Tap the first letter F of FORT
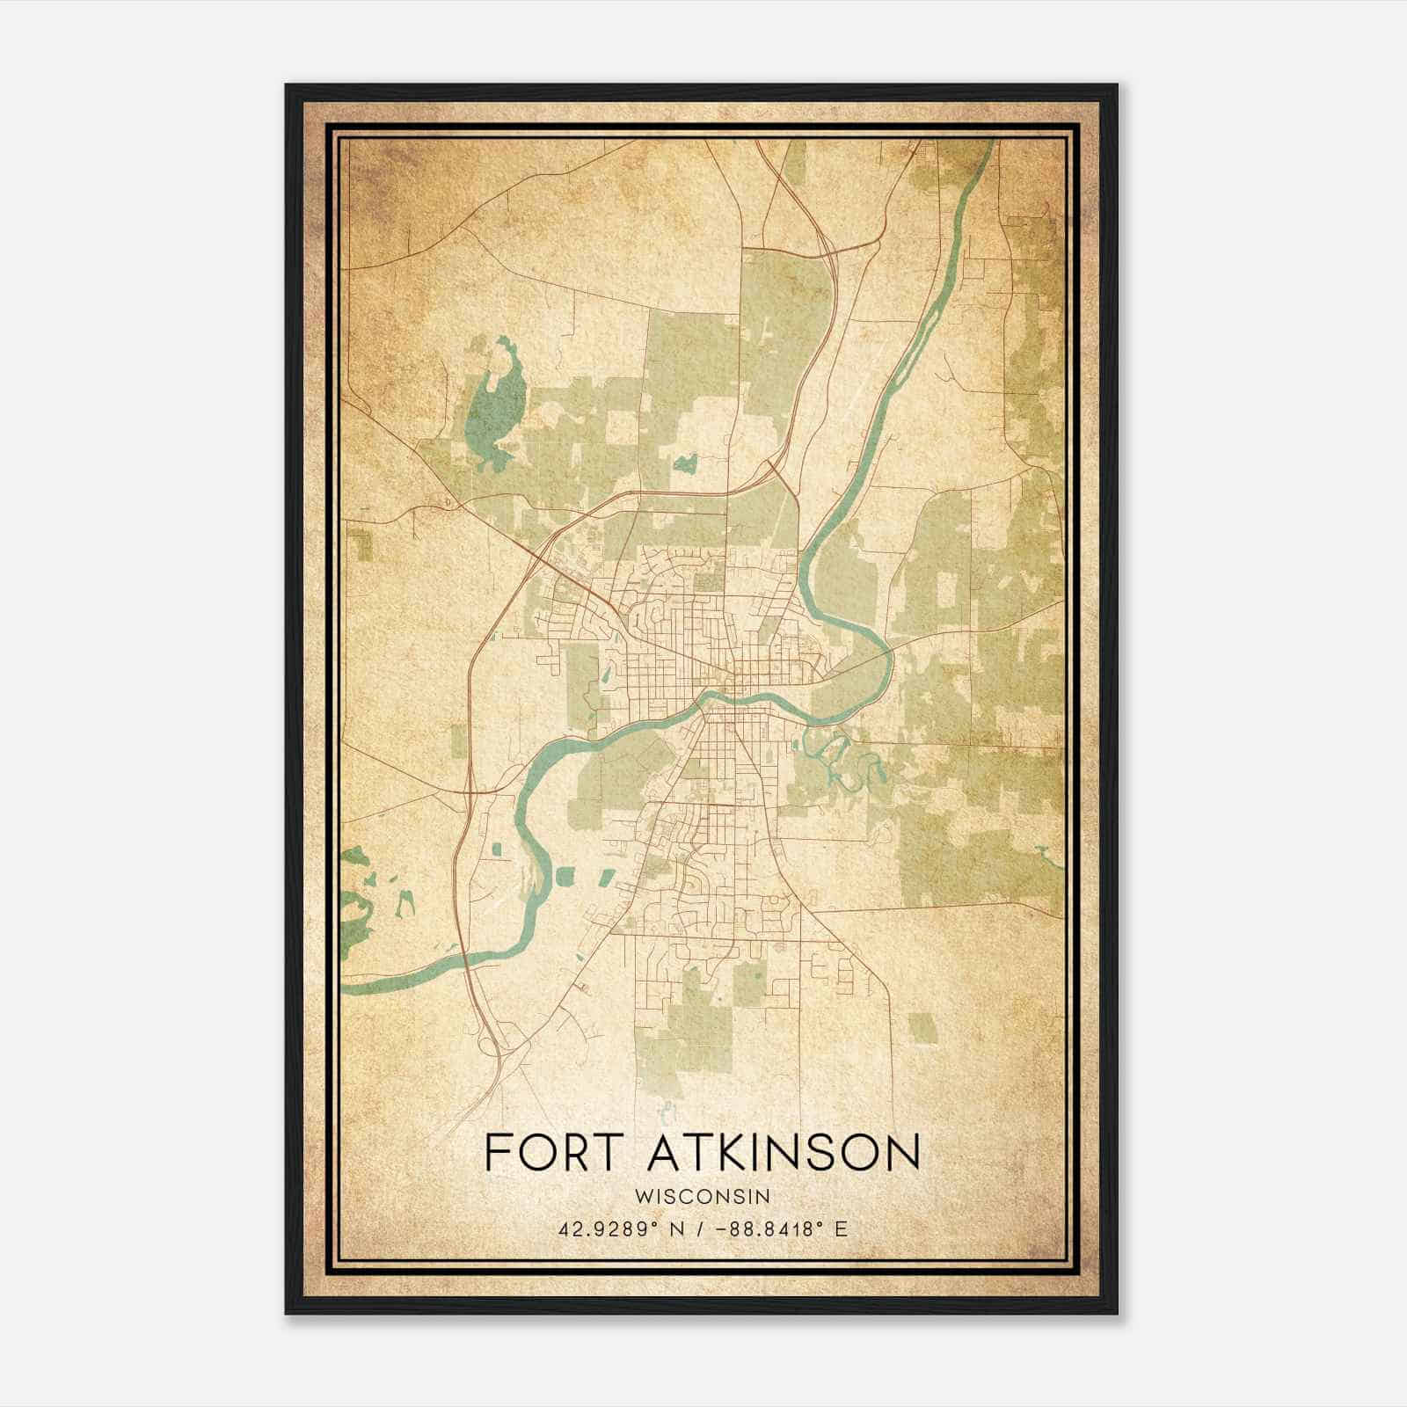[x=498, y=1153]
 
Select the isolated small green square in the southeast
[x=922, y=1027]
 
